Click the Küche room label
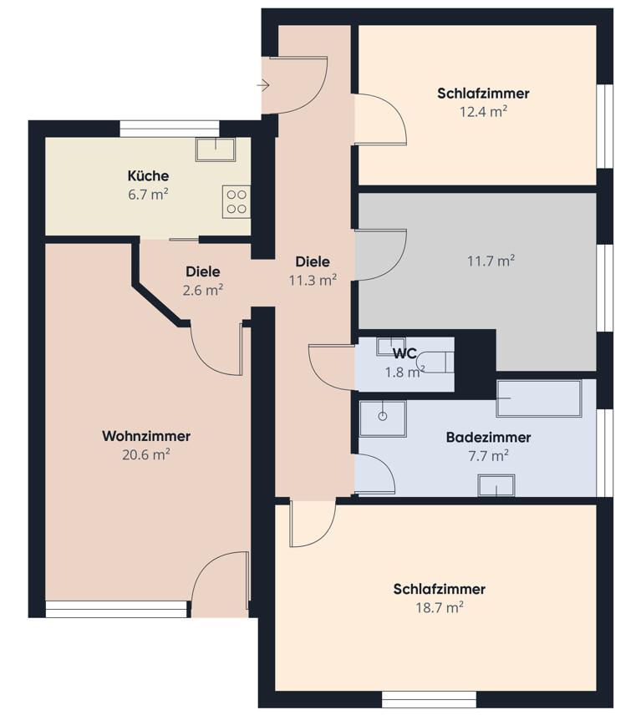pos(148,175)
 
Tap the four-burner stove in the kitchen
pos(237,201)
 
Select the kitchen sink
pos(216,150)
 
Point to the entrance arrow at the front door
pos(263,85)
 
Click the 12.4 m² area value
pos(483,111)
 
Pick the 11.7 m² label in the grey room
pos(490,261)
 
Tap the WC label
pos(405,353)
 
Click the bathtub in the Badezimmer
pos(538,399)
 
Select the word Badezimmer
pos(488,437)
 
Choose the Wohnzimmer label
pos(146,436)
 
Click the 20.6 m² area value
pos(146,454)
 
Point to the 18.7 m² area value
pos(439,607)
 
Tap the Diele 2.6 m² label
pos(202,281)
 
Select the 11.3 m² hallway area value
pos(313,280)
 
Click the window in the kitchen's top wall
pos(170,129)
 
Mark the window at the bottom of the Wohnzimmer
pos(116,610)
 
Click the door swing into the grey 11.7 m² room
pos(381,255)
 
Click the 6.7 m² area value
pos(148,193)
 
